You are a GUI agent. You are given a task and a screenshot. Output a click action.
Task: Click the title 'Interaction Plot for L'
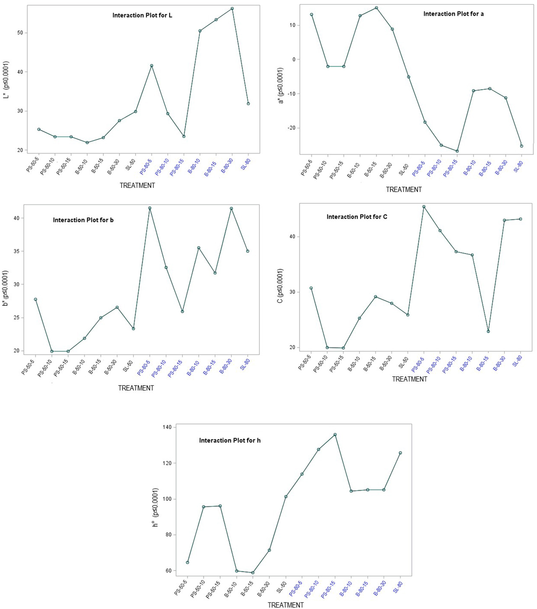pos(142,15)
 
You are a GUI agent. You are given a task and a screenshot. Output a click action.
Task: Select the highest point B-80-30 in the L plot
pos(232,8)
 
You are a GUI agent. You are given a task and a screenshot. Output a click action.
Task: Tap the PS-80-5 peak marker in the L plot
pos(152,66)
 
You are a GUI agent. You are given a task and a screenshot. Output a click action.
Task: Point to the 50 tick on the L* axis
pos(20,33)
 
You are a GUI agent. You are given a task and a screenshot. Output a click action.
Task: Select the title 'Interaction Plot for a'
pos(453,14)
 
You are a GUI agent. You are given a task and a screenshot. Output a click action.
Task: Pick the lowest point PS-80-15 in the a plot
pos(457,151)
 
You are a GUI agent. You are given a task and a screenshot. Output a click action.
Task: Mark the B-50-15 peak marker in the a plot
pos(376,8)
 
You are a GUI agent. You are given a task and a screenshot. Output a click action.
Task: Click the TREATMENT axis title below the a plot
pos(404,190)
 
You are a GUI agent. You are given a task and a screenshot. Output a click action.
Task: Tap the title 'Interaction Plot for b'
pos(83,220)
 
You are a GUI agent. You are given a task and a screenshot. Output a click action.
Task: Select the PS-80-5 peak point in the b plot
pos(150,208)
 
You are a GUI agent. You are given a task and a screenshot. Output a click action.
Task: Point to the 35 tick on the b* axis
pos(16,251)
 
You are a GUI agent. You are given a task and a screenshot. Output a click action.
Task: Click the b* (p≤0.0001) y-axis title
pos(5,288)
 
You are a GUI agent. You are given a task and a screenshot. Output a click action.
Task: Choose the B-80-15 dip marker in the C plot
pos(488,331)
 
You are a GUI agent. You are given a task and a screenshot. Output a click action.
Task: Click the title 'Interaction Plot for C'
pos(357,217)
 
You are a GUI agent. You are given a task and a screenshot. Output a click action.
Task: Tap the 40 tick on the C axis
pos(292,237)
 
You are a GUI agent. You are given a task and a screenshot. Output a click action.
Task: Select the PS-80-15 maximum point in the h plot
pos(335,435)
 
